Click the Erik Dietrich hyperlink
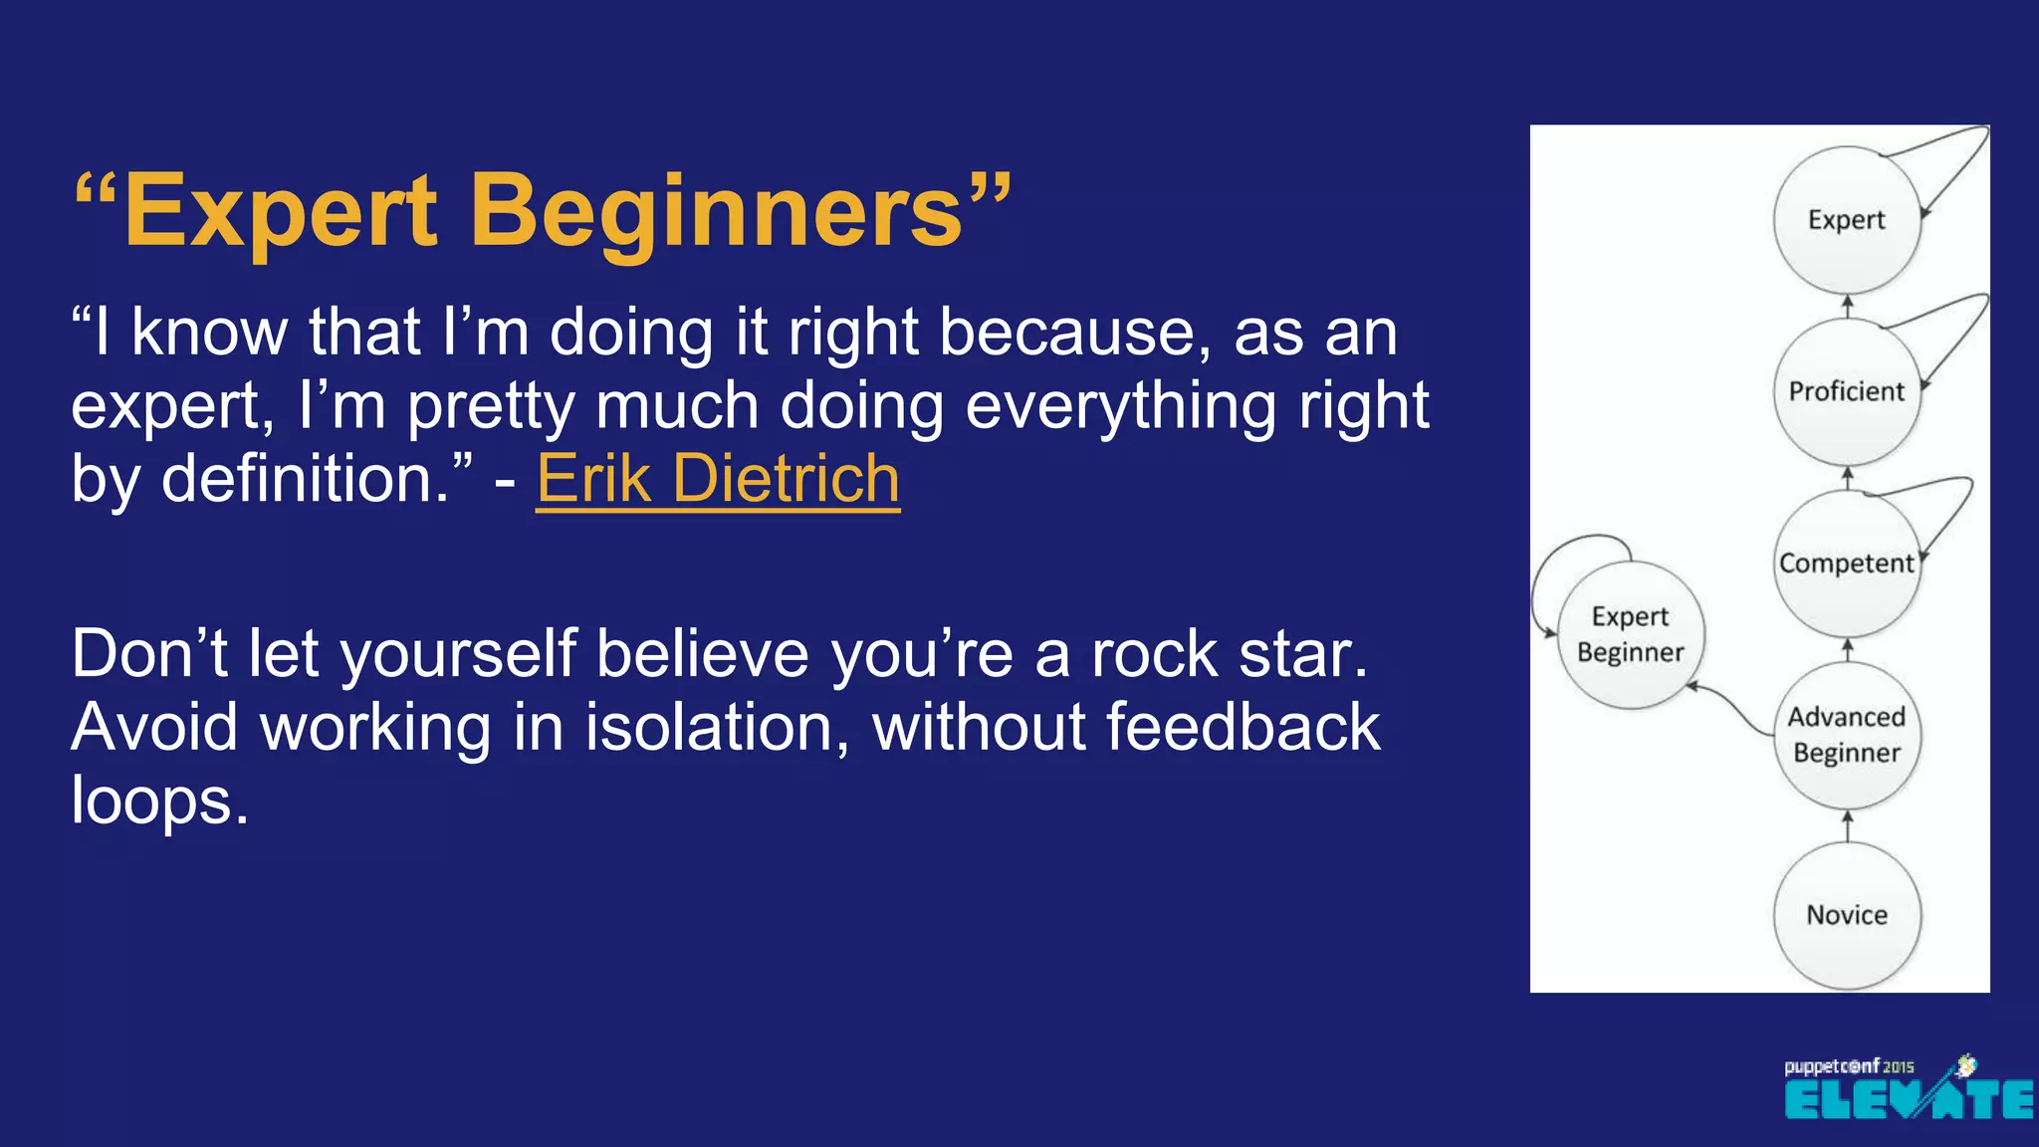[718, 479]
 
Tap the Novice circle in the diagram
[1847, 915]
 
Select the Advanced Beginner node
[1847, 735]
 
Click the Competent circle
[1847, 564]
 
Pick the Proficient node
[1847, 391]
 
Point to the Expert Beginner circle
[1631, 634]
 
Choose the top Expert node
[1847, 219]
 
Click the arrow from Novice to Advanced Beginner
[1848, 826]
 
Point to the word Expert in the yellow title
[281, 211]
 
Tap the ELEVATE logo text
[1908, 1100]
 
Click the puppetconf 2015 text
[1849, 1066]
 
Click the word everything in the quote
[1121, 405]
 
